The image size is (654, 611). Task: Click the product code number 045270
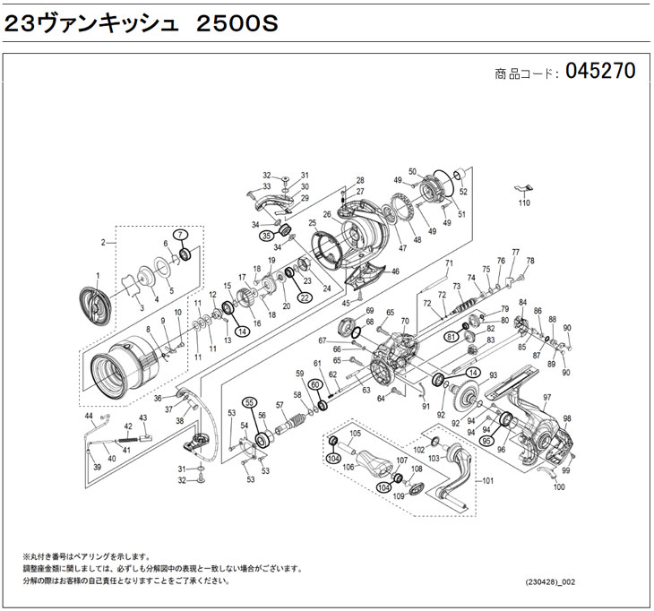tap(600, 73)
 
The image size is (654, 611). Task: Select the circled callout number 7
tap(181, 235)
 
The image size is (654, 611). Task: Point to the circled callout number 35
tap(266, 235)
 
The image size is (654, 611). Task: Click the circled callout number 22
tap(305, 297)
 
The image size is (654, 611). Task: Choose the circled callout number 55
tap(250, 401)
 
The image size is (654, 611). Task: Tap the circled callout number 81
tap(452, 335)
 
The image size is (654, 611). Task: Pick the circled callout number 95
tap(487, 440)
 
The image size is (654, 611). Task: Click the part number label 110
tap(526, 203)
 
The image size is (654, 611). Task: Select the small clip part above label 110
tap(525, 188)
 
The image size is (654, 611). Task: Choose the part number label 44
tap(89, 418)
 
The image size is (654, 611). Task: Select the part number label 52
tap(463, 192)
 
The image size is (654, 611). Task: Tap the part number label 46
tap(395, 271)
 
